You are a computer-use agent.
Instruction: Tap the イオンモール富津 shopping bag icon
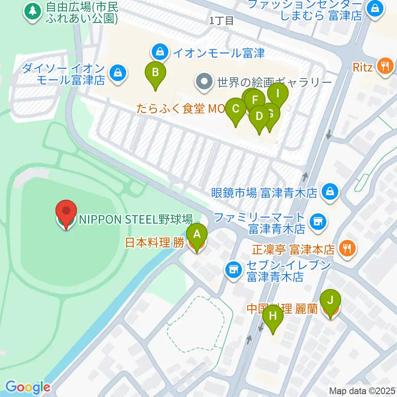pos(159,52)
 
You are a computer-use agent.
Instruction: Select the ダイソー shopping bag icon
pos(118,73)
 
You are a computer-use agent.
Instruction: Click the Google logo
pos(27,387)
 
